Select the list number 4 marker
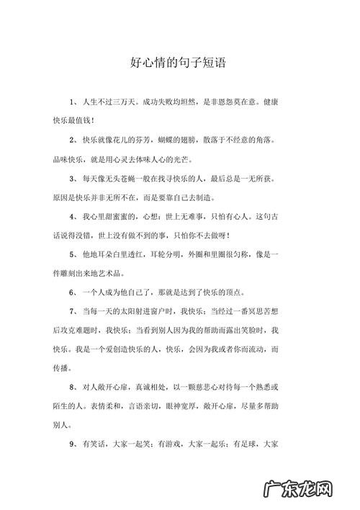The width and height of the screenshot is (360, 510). click(71, 216)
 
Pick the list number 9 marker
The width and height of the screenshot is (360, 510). click(71, 444)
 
